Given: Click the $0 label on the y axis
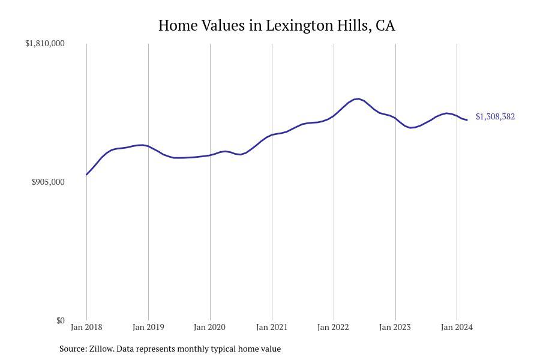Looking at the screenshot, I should [x=60, y=320].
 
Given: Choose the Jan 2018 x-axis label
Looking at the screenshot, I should [x=86, y=327].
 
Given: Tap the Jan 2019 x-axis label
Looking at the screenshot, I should [x=148, y=327].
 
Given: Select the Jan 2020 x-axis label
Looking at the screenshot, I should [x=210, y=327].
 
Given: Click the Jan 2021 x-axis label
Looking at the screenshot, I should [x=272, y=327].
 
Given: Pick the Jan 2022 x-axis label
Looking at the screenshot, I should [x=334, y=327].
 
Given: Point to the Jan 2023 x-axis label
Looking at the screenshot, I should [x=395, y=327].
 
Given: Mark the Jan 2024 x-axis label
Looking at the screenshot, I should [x=457, y=327].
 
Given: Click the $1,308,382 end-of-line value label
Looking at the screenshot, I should [x=495, y=116].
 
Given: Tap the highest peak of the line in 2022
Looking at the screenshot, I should [x=358, y=99].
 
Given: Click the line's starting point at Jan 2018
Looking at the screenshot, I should [x=87, y=175].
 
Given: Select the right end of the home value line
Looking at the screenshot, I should [x=467, y=120].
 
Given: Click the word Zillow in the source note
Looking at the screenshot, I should [x=101, y=349].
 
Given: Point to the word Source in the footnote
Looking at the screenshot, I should [x=72, y=349].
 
